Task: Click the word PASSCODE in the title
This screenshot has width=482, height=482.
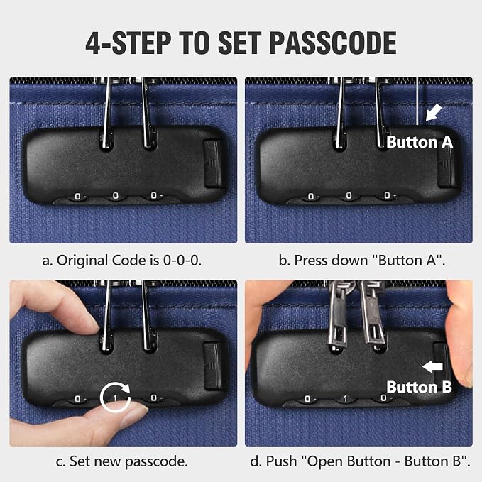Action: [333, 43]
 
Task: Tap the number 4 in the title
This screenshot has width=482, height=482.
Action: [94, 43]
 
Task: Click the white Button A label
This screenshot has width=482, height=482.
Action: [420, 142]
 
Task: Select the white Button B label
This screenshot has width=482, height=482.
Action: [420, 387]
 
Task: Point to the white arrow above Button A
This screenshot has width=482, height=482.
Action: [434, 112]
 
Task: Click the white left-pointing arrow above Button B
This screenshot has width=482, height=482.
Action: [432, 366]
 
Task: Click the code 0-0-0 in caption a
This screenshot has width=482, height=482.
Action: [182, 261]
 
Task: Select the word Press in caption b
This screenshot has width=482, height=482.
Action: [312, 261]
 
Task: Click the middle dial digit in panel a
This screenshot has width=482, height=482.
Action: [116, 196]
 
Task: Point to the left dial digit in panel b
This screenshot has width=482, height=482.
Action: [311, 197]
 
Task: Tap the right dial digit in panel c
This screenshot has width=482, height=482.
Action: [154, 398]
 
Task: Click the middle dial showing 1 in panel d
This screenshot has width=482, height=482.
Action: [345, 399]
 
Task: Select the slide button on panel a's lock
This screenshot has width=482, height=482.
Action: [213, 163]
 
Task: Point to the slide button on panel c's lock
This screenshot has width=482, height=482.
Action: [213, 366]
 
